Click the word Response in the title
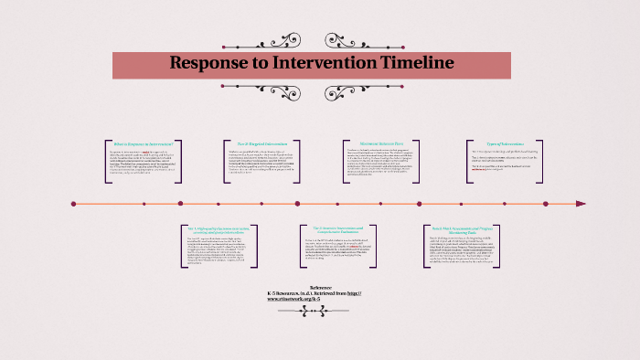pos(208,63)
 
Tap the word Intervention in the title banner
pos(319,63)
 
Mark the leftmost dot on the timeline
pos(73,204)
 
